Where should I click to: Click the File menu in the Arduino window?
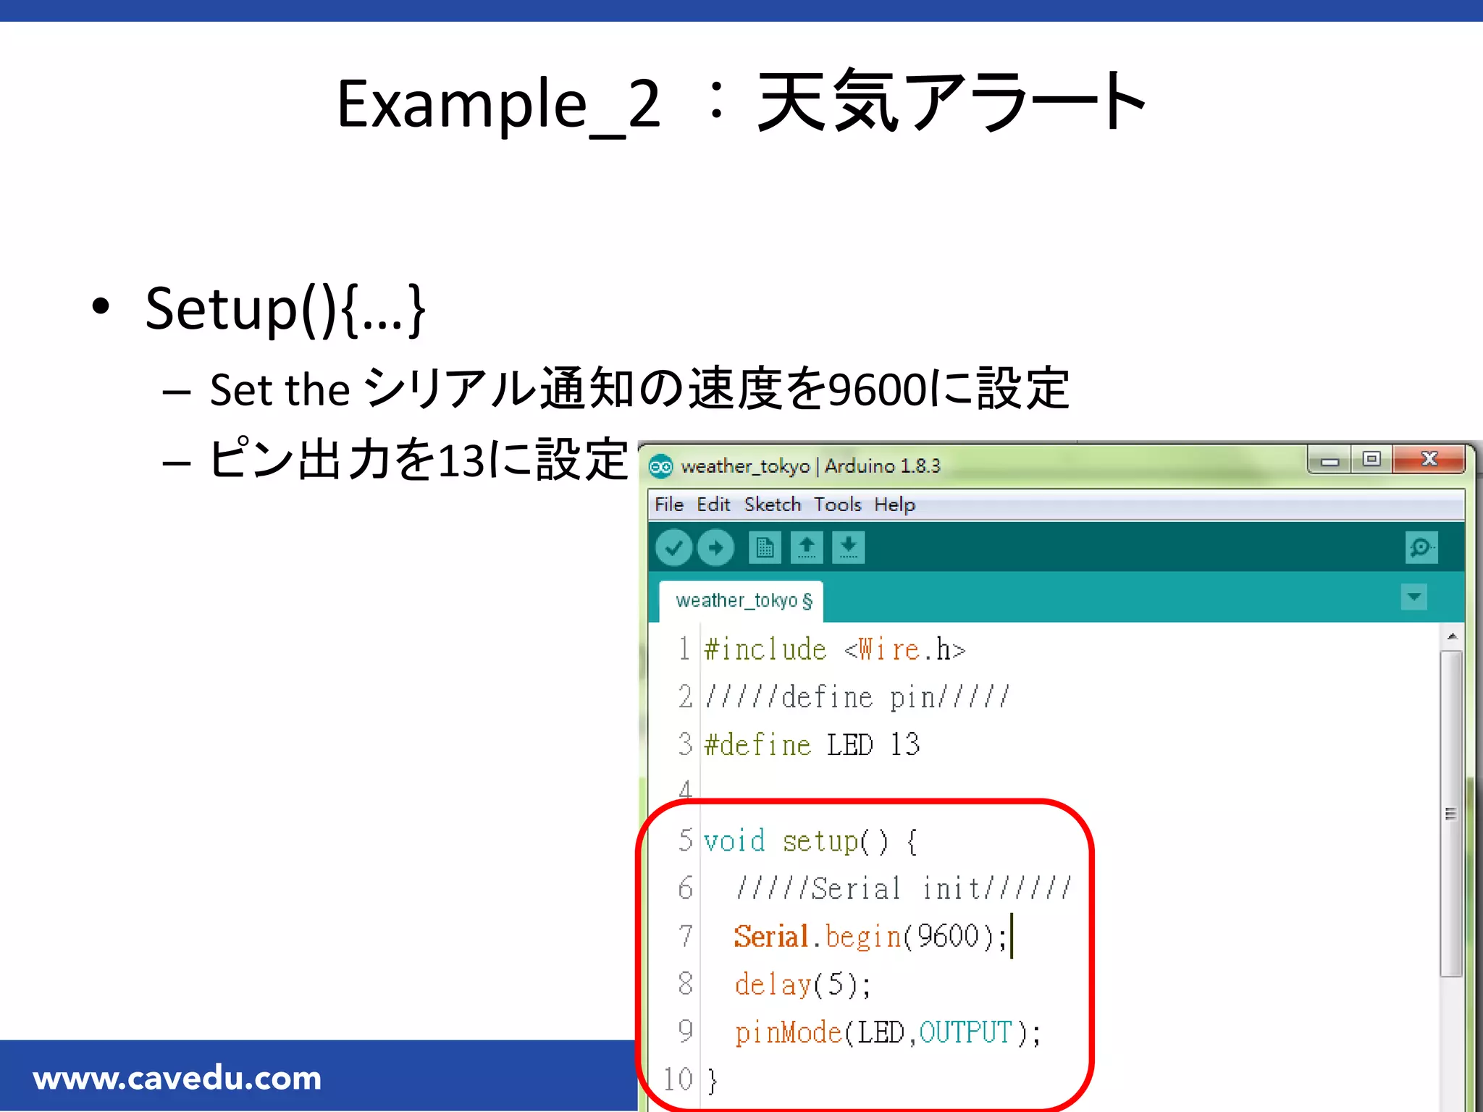(x=668, y=505)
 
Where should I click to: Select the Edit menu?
(x=713, y=505)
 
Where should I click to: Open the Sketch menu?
(x=772, y=505)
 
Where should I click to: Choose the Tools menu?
(x=837, y=505)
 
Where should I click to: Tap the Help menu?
(x=894, y=505)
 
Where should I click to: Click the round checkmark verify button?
(x=673, y=547)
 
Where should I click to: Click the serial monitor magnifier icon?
(x=1421, y=547)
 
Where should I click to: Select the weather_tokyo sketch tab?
(x=743, y=601)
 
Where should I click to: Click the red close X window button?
(x=1429, y=459)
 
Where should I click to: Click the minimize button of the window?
(x=1329, y=459)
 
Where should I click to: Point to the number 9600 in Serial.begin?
(x=948, y=936)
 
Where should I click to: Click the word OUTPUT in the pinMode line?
(x=965, y=1032)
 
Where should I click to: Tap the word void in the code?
(x=734, y=841)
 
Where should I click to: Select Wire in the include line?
(x=888, y=649)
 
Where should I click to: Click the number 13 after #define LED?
(x=904, y=745)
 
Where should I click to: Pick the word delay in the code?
(x=773, y=985)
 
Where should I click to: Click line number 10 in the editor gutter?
(x=679, y=1079)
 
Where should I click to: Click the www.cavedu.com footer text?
(x=177, y=1079)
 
